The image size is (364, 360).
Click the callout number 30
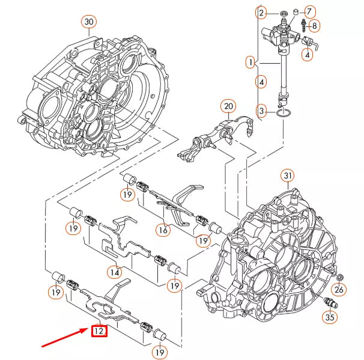click(89, 22)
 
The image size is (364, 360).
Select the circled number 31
click(288, 175)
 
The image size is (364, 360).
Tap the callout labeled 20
click(228, 107)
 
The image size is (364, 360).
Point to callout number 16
click(163, 230)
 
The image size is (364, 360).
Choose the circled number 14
click(115, 272)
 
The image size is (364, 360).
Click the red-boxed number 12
click(99, 330)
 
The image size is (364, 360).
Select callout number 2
click(261, 12)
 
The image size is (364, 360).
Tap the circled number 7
click(309, 11)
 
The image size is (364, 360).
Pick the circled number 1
click(250, 61)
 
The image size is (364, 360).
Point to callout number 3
click(261, 111)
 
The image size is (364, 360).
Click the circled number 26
click(339, 291)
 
